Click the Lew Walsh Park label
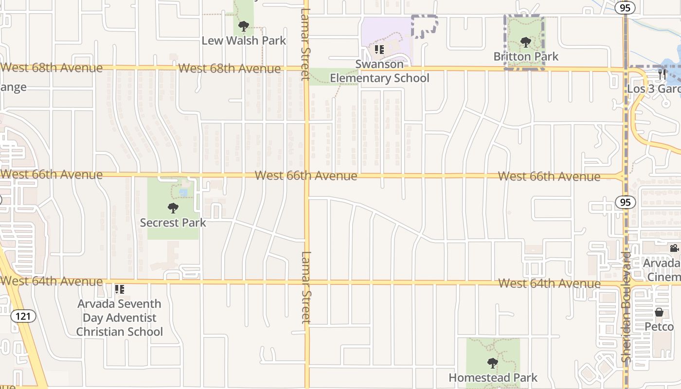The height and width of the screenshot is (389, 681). coord(244,40)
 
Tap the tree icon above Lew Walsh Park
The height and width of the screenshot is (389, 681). coord(244,26)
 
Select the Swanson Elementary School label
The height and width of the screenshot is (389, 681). coord(379,71)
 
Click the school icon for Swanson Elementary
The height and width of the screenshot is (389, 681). coord(379,49)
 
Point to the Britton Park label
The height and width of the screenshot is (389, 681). coord(526,56)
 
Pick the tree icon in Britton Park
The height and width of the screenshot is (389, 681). coord(525,42)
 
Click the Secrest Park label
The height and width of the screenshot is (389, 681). coord(173,223)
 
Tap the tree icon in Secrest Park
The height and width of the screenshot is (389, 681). coord(173,209)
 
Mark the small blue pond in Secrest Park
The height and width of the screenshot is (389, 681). coord(183,193)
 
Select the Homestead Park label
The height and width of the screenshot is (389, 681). coord(493,377)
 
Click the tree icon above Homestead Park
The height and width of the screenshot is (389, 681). coord(493,363)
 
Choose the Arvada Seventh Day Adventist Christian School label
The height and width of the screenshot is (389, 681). coord(120,318)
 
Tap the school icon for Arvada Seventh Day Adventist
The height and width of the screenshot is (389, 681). coord(120,289)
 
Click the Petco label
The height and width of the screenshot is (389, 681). coord(659,326)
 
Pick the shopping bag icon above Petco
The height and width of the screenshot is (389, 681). coord(659,312)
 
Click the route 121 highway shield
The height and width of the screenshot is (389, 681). coord(23,317)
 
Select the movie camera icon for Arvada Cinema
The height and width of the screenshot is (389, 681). coord(674,248)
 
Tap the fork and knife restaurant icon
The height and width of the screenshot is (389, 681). coord(662,74)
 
